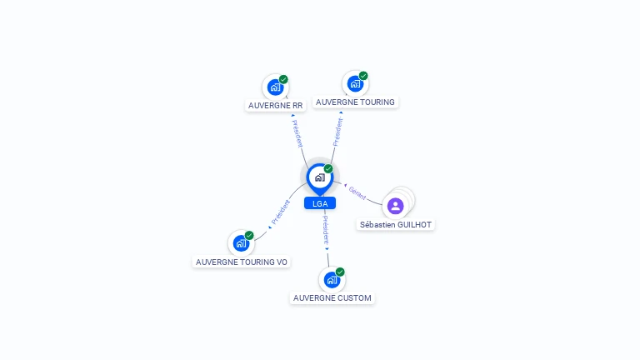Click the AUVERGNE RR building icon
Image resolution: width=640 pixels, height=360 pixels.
tap(276, 87)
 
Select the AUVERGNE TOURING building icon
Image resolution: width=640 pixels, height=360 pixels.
tap(356, 83)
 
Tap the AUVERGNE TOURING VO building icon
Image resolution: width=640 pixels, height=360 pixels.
tap(241, 243)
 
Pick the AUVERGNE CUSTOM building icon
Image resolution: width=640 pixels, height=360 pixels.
tap(332, 280)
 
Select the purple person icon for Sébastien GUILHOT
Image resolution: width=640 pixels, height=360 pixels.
tap(396, 206)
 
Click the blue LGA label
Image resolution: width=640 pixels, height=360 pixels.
tap(320, 203)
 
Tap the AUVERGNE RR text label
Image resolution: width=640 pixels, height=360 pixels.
tap(276, 105)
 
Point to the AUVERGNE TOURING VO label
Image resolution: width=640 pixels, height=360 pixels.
tap(242, 262)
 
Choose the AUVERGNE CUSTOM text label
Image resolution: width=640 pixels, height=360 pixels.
tap(332, 298)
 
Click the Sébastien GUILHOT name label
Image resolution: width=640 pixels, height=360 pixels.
tap(396, 224)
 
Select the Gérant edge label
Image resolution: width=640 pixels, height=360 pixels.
tap(357, 192)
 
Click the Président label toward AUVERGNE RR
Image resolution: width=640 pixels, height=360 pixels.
tap(297, 133)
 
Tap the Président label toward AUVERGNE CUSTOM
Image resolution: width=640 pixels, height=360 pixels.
tap(326, 230)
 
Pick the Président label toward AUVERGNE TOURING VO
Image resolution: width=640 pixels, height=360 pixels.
tap(281, 212)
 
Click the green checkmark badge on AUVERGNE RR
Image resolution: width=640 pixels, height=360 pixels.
tap(283, 79)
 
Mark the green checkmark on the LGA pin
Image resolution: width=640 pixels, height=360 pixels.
tap(328, 168)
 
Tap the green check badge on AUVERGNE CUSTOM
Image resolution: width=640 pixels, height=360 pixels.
tap(340, 272)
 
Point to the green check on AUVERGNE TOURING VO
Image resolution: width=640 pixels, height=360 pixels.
tap(249, 235)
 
